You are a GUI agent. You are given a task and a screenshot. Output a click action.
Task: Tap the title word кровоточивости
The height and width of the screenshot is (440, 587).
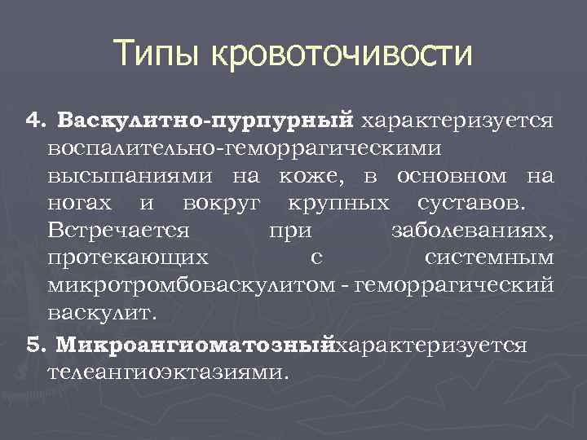tap(342, 55)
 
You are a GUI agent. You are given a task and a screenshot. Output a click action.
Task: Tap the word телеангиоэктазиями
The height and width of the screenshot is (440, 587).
tap(168, 372)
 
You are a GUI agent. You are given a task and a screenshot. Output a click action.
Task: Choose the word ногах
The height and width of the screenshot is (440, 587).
tap(82, 203)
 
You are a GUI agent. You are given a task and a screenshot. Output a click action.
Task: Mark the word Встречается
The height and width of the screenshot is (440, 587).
tap(119, 231)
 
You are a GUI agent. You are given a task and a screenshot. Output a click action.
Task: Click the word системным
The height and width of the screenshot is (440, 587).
tap(489, 258)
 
